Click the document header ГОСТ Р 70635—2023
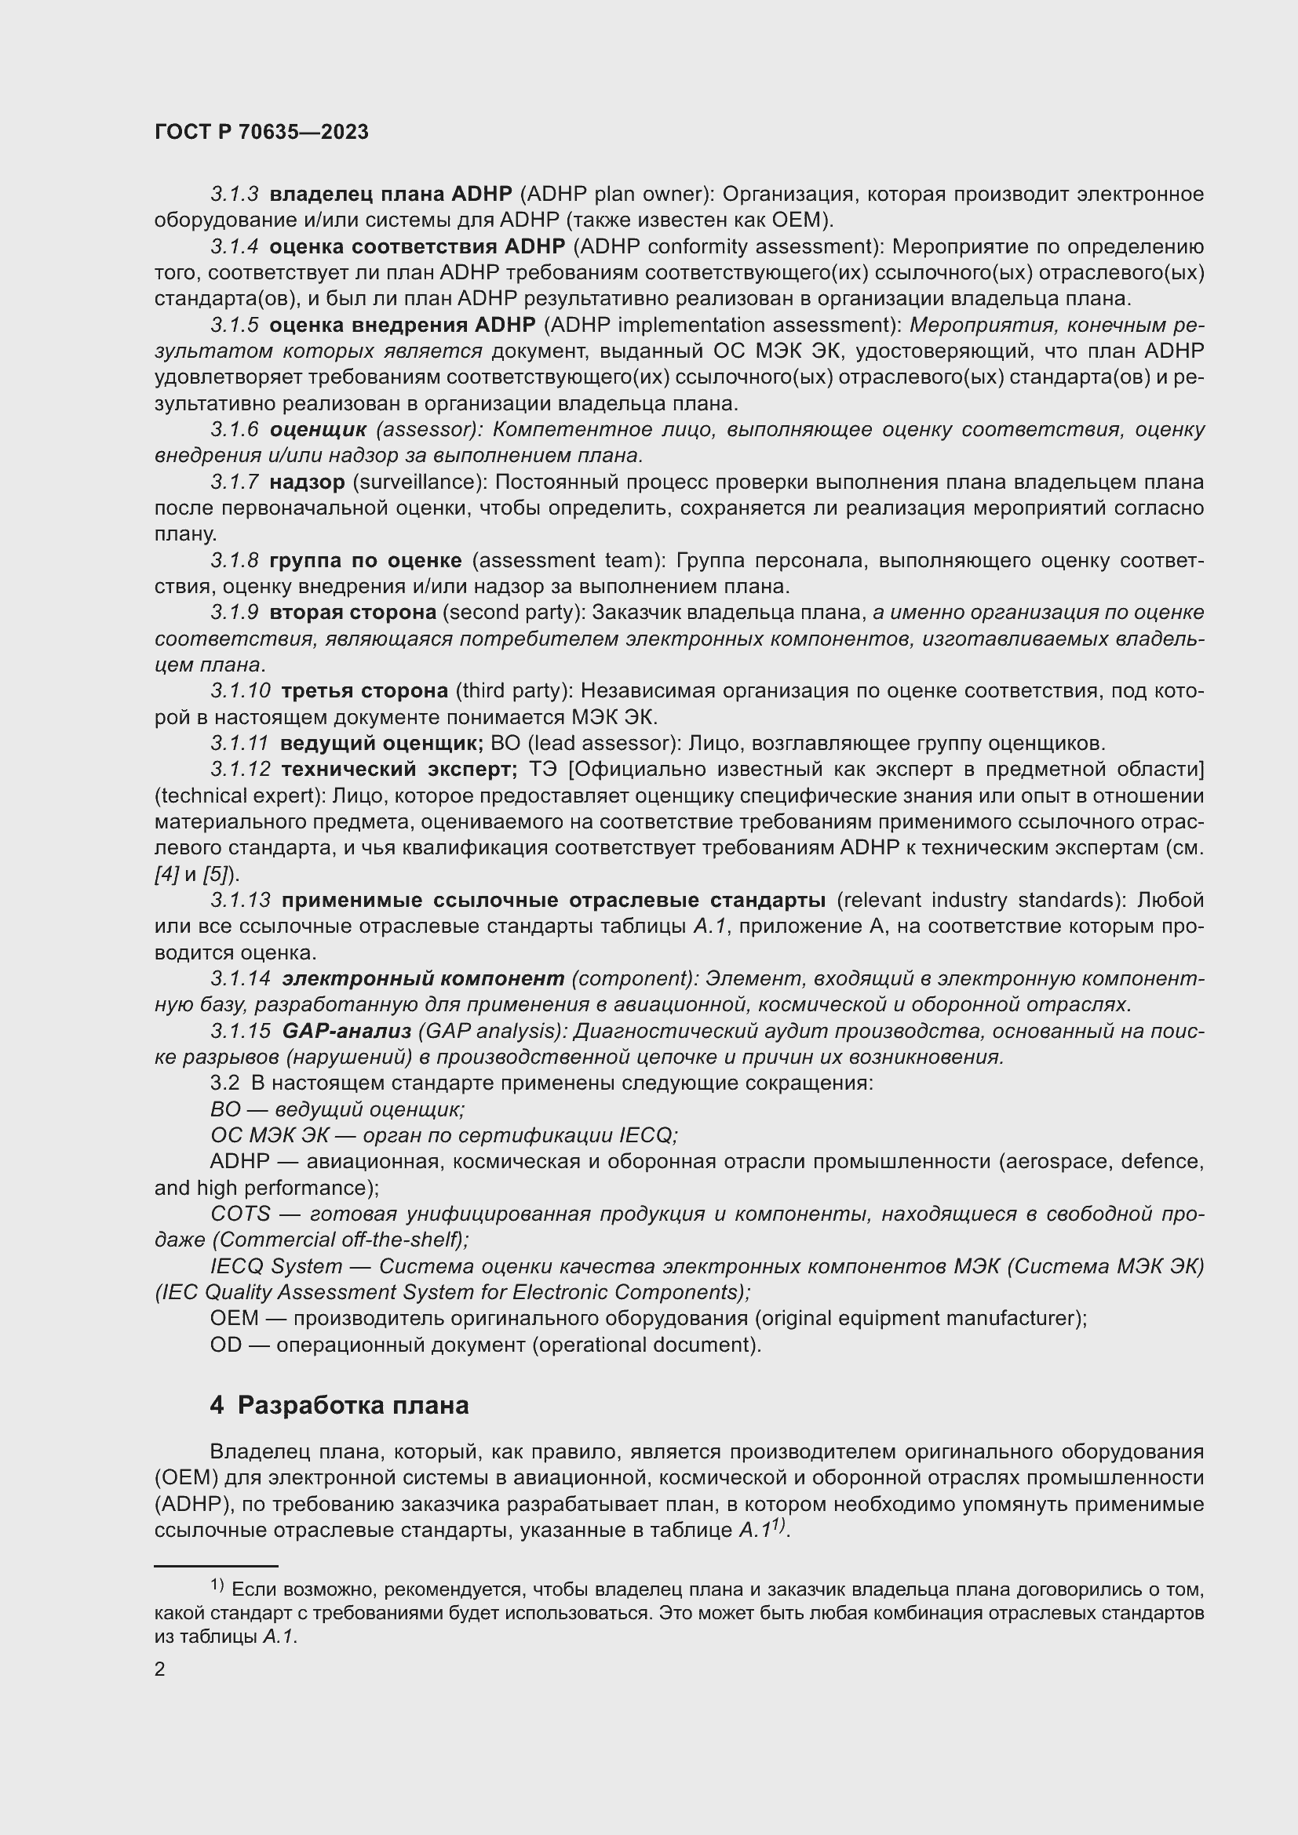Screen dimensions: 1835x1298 [261, 133]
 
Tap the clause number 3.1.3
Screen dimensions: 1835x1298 [234, 195]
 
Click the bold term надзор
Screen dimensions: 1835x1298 [307, 482]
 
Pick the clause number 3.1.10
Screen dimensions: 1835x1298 [240, 690]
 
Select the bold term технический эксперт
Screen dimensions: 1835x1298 [399, 769]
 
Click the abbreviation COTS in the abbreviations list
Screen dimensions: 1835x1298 [240, 1213]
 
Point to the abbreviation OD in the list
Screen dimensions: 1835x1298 [225, 1345]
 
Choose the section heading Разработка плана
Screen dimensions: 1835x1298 [352, 1405]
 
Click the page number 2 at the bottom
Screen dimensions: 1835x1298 [160, 1669]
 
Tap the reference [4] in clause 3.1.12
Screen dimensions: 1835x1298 [166, 874]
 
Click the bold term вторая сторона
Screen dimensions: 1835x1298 [352, 612]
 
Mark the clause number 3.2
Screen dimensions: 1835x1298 [224, 1083]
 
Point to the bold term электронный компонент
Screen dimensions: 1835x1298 [423, 978]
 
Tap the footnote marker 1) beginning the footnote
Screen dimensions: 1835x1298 [217, 1584]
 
